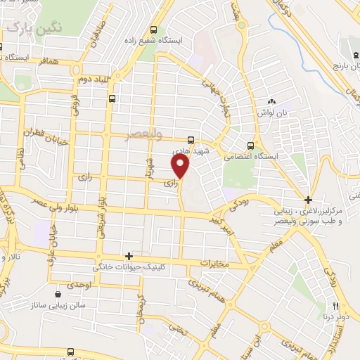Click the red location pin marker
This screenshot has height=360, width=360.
[181, 166]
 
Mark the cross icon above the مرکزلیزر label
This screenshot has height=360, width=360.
[308, 200]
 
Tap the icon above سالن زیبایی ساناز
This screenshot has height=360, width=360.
[58, 294]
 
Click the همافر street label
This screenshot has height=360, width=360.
[58, 63]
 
